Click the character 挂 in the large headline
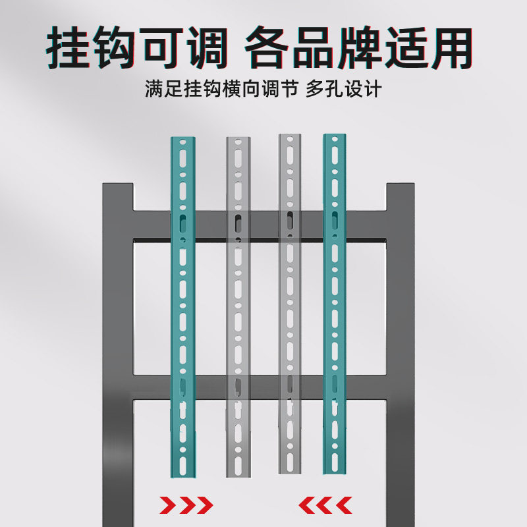pyautogui.click(x=72, y=47)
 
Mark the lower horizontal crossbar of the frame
pyautogui.click(x=260, y=386)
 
